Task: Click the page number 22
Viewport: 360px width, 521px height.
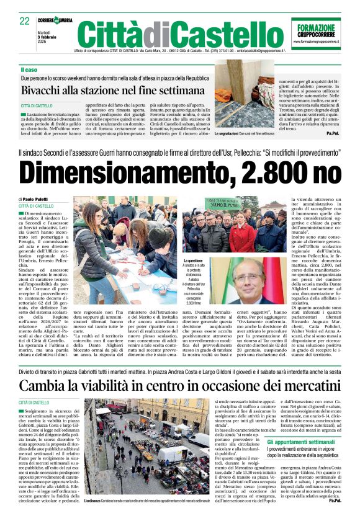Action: pyautogui.click(x=25, y=21)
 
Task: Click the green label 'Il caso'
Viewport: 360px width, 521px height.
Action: pyautogui.click(x=29, y=70)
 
